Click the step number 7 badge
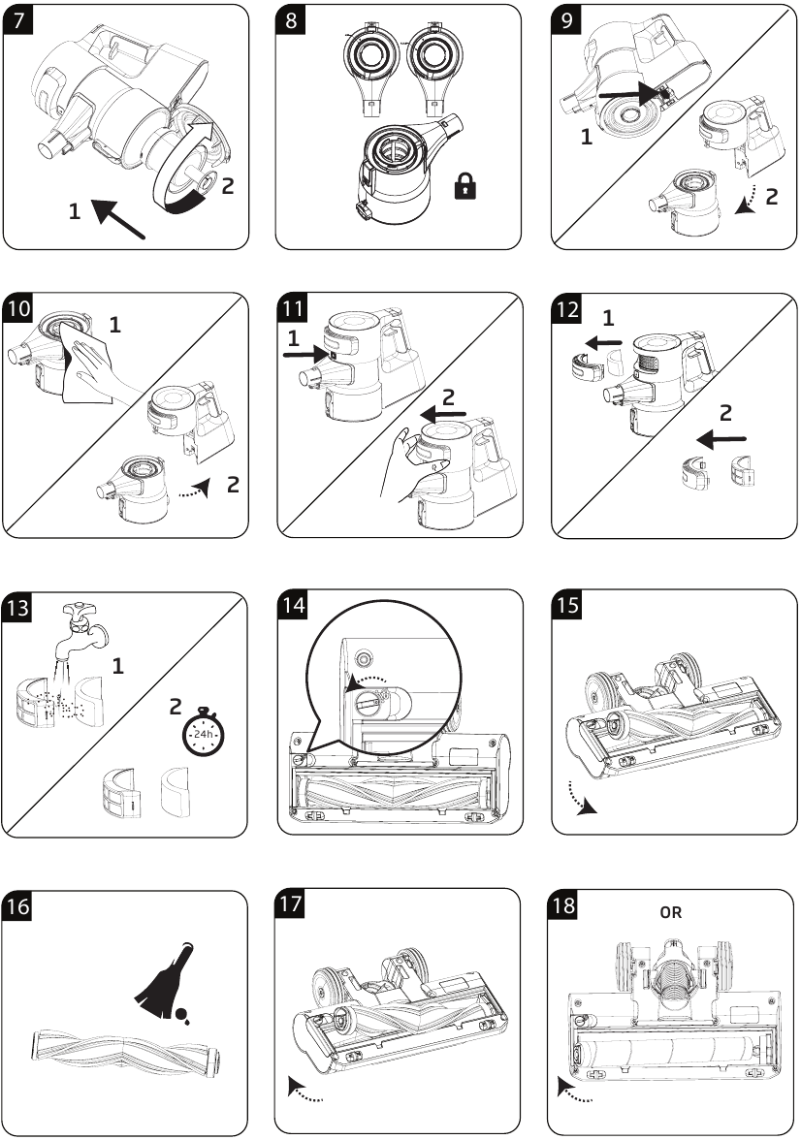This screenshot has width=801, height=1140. [19, 21]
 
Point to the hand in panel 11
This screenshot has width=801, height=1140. [405, 465]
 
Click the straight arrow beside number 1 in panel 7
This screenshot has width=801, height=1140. [120, 212]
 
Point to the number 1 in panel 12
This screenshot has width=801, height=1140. [609, 317]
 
